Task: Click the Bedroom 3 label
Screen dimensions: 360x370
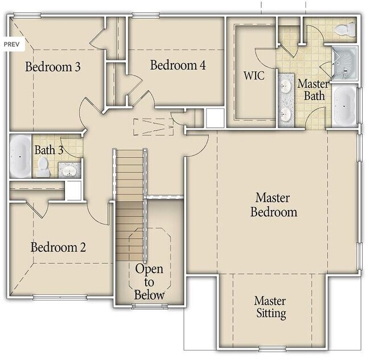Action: (53, 67)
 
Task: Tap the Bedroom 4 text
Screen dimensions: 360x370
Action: (178, 65)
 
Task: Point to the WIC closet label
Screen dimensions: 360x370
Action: (253, 75)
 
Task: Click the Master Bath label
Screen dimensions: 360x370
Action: (314, 89)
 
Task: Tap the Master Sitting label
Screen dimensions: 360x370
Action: (270, 306)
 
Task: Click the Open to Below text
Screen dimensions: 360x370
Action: (149, 282)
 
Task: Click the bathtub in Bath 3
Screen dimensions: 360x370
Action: (20, 156)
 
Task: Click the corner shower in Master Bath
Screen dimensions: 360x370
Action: (344, 62)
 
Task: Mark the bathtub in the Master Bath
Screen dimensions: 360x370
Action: (344, 106)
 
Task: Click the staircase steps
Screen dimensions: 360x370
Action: (130, 188)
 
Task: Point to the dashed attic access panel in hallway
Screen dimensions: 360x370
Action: (153, 126)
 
